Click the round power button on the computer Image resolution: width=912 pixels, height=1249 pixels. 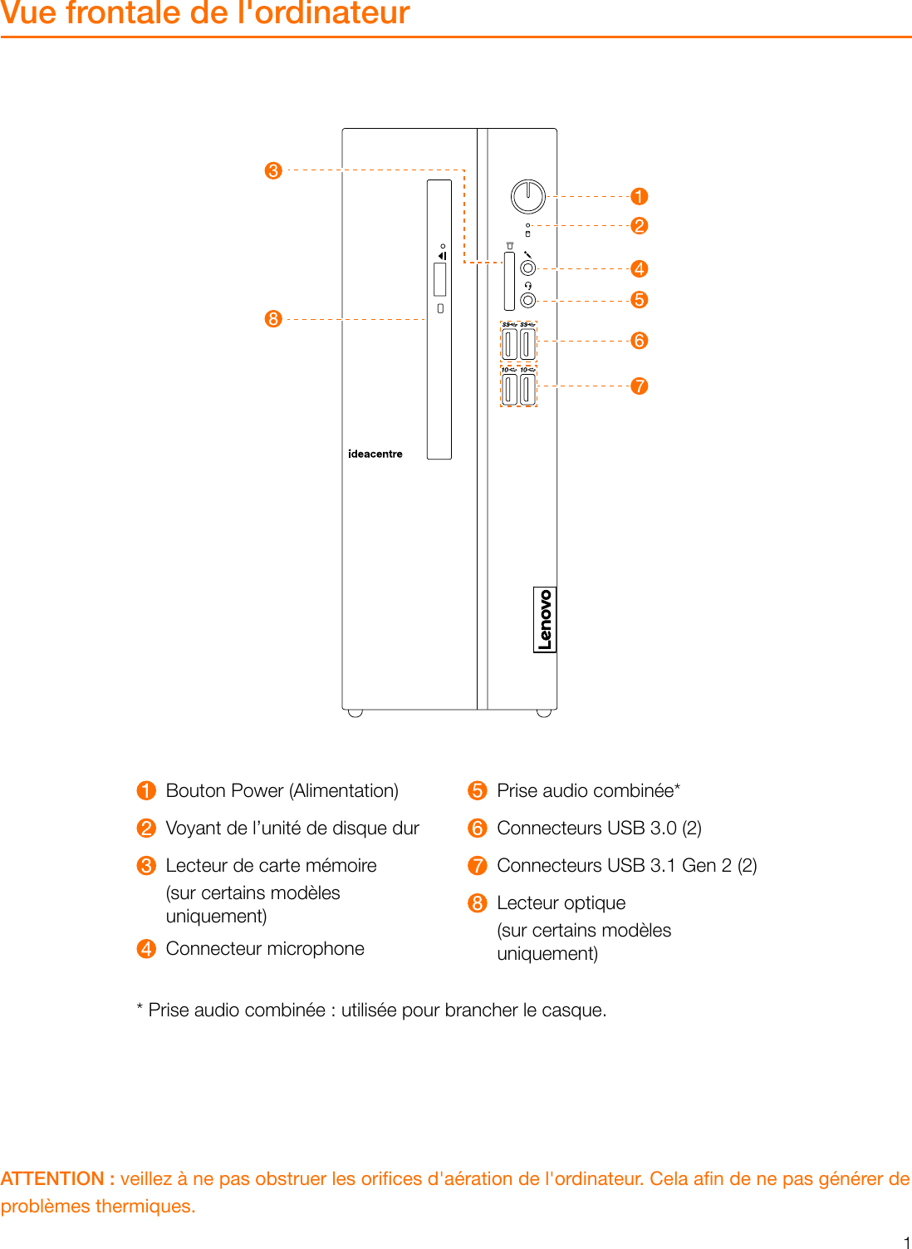(x=527, y=197)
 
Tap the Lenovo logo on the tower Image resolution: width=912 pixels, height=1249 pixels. (x=544, y=619)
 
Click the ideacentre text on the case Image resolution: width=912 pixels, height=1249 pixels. (x=375, y=454)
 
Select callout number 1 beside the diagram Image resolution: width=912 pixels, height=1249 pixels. (x=639, y=197)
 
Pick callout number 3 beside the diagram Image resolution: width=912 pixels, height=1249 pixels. (x=273, y=170)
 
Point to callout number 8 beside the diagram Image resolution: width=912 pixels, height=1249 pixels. (x=273, y=319)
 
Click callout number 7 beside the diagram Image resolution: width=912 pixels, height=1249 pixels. (x=639, y=386)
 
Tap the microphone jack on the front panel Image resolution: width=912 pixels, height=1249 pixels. (x=527, y=268)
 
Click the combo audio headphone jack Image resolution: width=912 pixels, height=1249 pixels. (x=527, y=300)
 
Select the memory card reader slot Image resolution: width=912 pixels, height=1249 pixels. (x=509, y=282)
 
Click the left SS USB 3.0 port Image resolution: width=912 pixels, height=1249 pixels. (x=510, y=344)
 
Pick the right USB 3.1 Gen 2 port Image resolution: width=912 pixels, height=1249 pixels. (x=527, y=389)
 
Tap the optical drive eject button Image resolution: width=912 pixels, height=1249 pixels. (x=440, y=308)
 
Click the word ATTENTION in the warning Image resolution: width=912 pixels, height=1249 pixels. (x=52, y=1178)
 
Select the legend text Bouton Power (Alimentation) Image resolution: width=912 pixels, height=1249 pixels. (x=282, y=790)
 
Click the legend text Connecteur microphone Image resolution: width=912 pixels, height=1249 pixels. (x=265, y=948)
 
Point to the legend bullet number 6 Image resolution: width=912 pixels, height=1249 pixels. (x=477, y=828)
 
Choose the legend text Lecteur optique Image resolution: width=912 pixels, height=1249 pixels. (x=561, y=902)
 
